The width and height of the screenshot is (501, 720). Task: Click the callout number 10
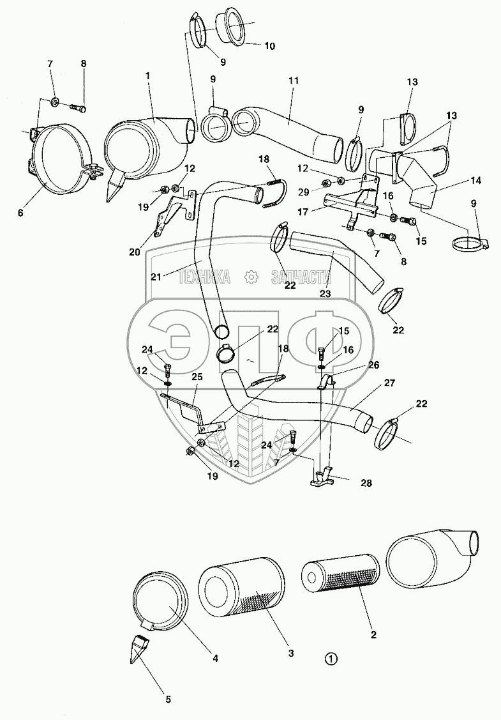(x=251, y=46)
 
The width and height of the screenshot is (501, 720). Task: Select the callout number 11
(x=294, y=82)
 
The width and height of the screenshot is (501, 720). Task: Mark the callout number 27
(x=389, y=383)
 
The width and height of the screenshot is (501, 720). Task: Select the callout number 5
(x=168, y=700)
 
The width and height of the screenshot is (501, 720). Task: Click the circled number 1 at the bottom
(x=330, y=659)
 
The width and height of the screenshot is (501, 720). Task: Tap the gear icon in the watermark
(x=251, y=277)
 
